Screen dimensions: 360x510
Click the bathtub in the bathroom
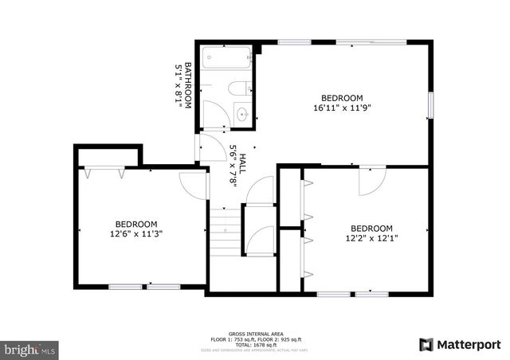click(x=226, y=58)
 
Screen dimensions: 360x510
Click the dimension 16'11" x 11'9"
click(x=341, y=107)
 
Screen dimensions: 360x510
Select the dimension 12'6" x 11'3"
click(x=135, y=234)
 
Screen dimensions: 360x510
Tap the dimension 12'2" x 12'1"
click(x=371, y=237)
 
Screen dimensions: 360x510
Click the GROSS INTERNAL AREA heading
click(x=254, y=333)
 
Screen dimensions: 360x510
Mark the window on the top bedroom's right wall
click(x=430, y=104)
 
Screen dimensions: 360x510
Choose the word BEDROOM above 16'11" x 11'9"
click(x=341, y=97)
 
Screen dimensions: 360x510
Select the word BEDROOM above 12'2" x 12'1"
click(x=371, y=226)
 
